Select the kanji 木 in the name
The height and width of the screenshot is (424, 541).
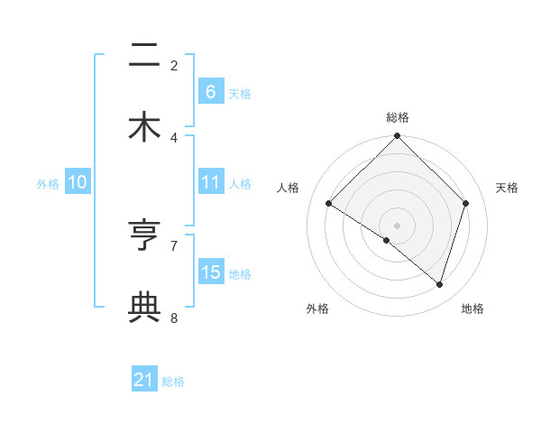(144, 125)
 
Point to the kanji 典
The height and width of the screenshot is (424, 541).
(144, 306)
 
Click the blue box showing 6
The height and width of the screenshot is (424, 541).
(210, 91)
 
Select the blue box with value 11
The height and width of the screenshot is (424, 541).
(210, 182)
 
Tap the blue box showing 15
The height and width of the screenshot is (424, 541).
(210, 272)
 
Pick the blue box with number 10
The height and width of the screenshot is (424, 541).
(78, 182)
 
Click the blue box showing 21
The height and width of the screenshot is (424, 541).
(144, 380)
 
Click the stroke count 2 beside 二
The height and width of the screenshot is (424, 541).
(174, 65)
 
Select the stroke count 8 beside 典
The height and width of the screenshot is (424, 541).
(174, 318)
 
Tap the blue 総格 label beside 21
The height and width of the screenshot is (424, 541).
(173, 382)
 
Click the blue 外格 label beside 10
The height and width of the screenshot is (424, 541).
(48, 184)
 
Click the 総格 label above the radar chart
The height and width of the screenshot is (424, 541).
(398, 117)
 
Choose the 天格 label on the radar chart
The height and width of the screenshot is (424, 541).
(508, 188)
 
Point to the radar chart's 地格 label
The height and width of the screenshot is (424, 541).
(472, 309)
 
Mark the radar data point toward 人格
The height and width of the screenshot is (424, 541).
(329, 204)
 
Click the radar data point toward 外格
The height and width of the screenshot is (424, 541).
(387, 241)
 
